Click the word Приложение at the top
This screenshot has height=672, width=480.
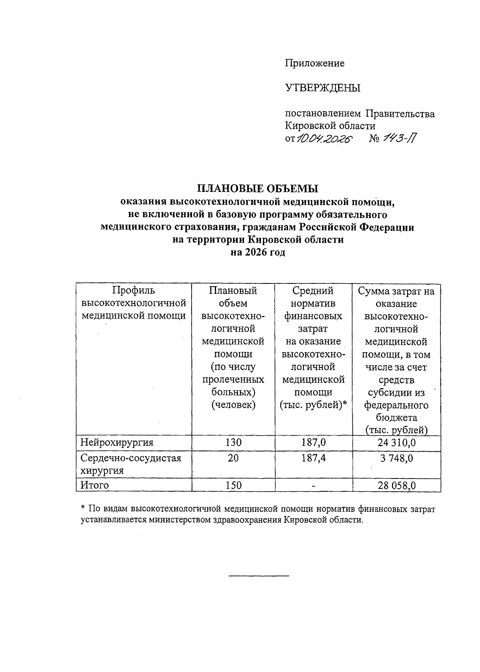pyautogui.click(x=314, y=63)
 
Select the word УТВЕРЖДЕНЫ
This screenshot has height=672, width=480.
pyautogui.click(x=322, y=88)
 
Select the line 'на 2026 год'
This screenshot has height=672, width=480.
pyautogui.click(x=257, y=253)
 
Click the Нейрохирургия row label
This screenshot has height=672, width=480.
pyautogui.click(x=117, y=443)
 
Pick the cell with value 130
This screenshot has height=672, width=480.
pyautogui.click(x=233, y=443)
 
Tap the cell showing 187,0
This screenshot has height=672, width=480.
pyautogui.click(x=314, y=443)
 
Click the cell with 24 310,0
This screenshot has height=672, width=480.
pyautogui.click(x=396, y=443)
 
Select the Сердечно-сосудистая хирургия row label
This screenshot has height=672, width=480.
pyautogui.click(x=130, y=464)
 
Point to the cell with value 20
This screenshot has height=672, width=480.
pyautogui.click(x=233, y=458)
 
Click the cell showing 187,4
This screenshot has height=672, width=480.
pyautogui.click(x=314, y=458)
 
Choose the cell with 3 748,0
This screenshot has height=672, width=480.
pyautogui.click(x=396, y=458)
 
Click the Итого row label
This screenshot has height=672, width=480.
pyautogui.click(x=95, y=485)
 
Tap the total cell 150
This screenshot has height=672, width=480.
pyautogui.click(x=233, y=485)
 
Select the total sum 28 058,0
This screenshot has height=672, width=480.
pyautogui.click(x=396, y=485)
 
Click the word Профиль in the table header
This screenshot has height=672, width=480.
pyautogui.click(x=133, y=291)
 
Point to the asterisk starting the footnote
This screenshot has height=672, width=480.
pyautogui.click(x=83, y=508)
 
